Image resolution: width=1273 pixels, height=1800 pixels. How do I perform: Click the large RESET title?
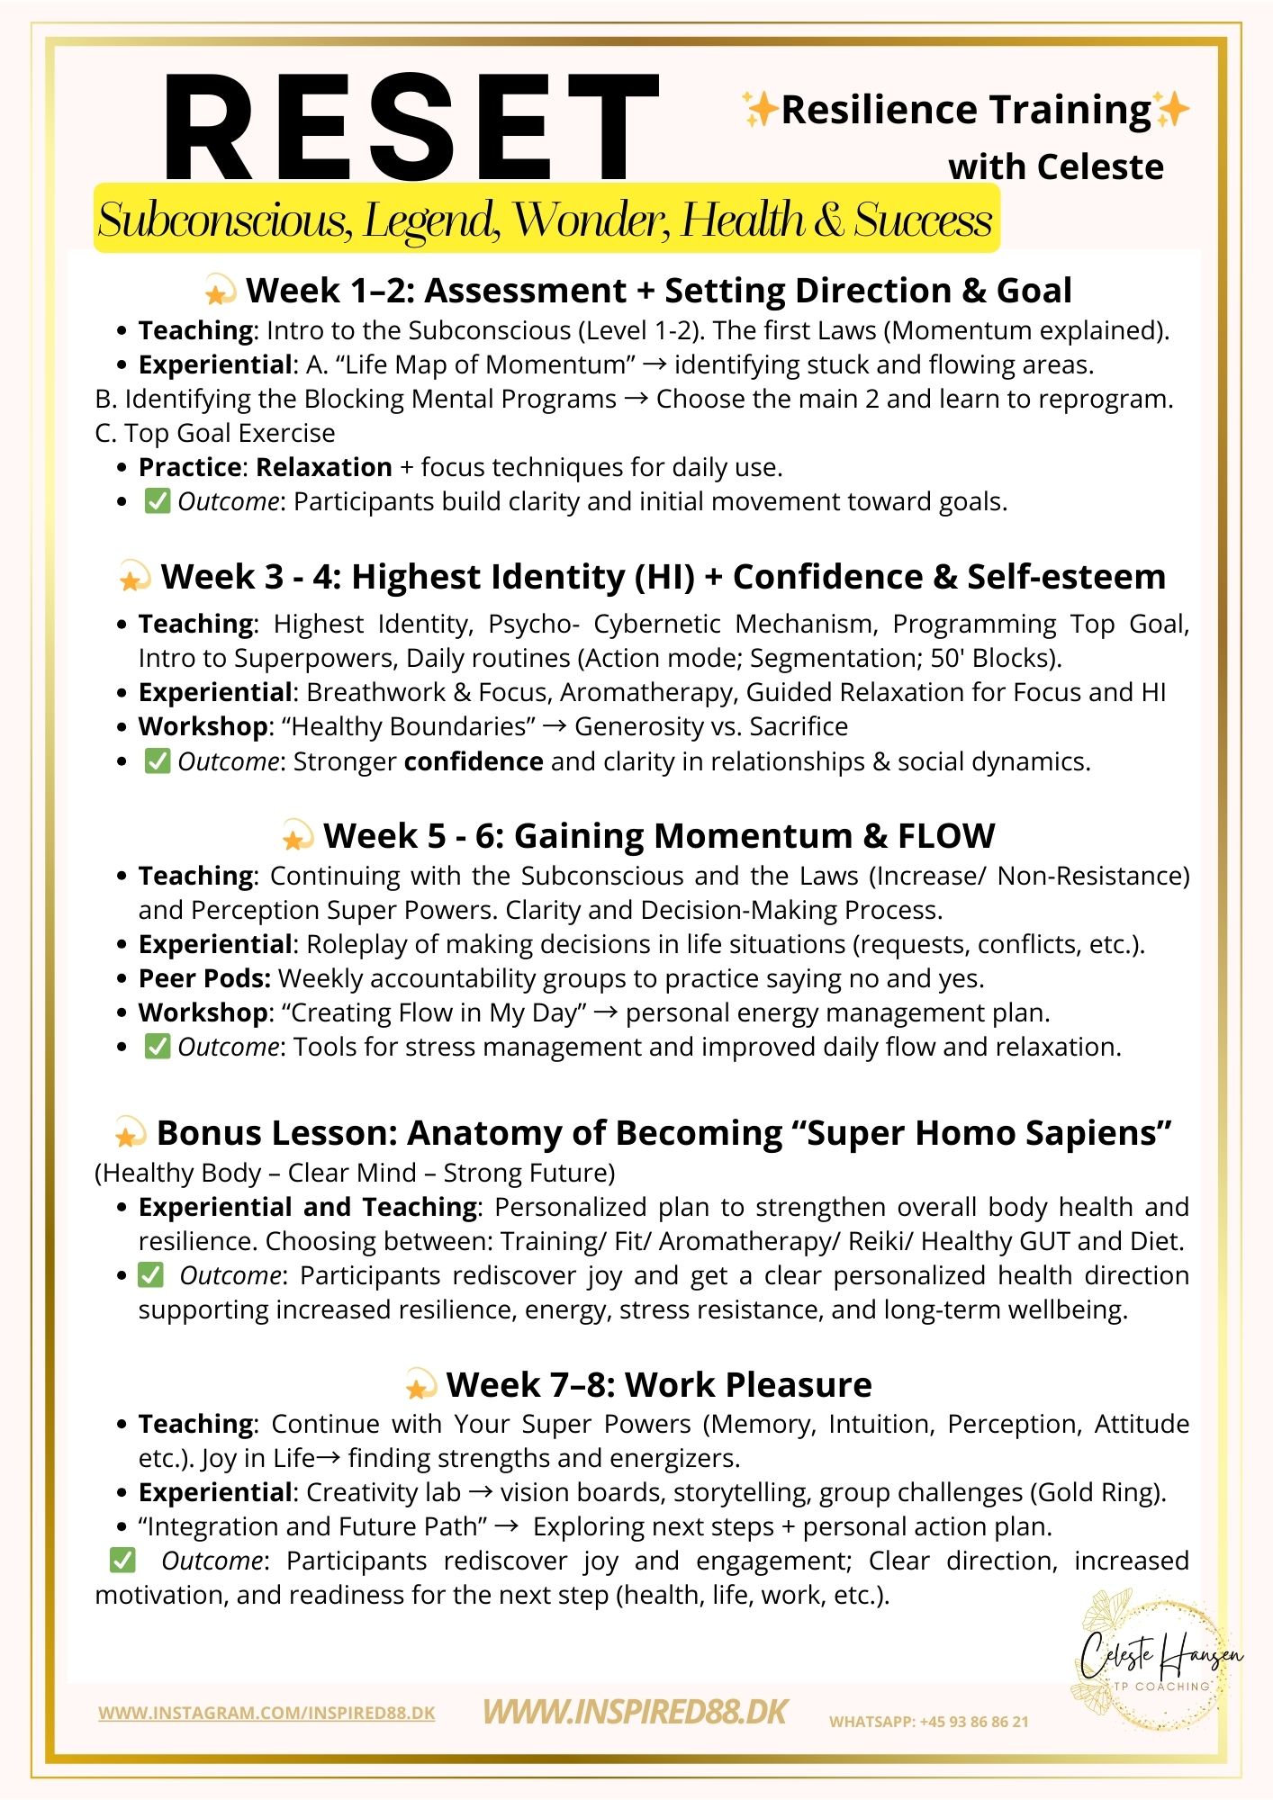point(410,128)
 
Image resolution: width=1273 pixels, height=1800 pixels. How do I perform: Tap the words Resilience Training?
point(966,110)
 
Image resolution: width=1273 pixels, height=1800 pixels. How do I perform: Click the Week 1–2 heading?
point(658,291)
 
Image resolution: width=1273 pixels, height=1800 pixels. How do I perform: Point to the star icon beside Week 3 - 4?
point(134,577)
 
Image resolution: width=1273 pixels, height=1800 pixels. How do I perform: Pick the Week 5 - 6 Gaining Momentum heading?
point(658,836)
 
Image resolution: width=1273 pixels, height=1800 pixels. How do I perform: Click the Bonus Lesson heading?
point(664,1133)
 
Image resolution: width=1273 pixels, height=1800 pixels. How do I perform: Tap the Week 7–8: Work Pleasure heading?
point(658,1384)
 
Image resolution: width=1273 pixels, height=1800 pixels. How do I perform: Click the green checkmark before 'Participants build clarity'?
point(158,501)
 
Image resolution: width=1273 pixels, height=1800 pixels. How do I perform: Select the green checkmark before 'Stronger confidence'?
point(158,761)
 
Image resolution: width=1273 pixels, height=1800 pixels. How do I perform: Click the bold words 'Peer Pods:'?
point(204,978)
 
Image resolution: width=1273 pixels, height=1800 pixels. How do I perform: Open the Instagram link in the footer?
point(266,1713)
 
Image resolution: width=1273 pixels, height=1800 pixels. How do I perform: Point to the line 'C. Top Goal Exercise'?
point(215,433)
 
